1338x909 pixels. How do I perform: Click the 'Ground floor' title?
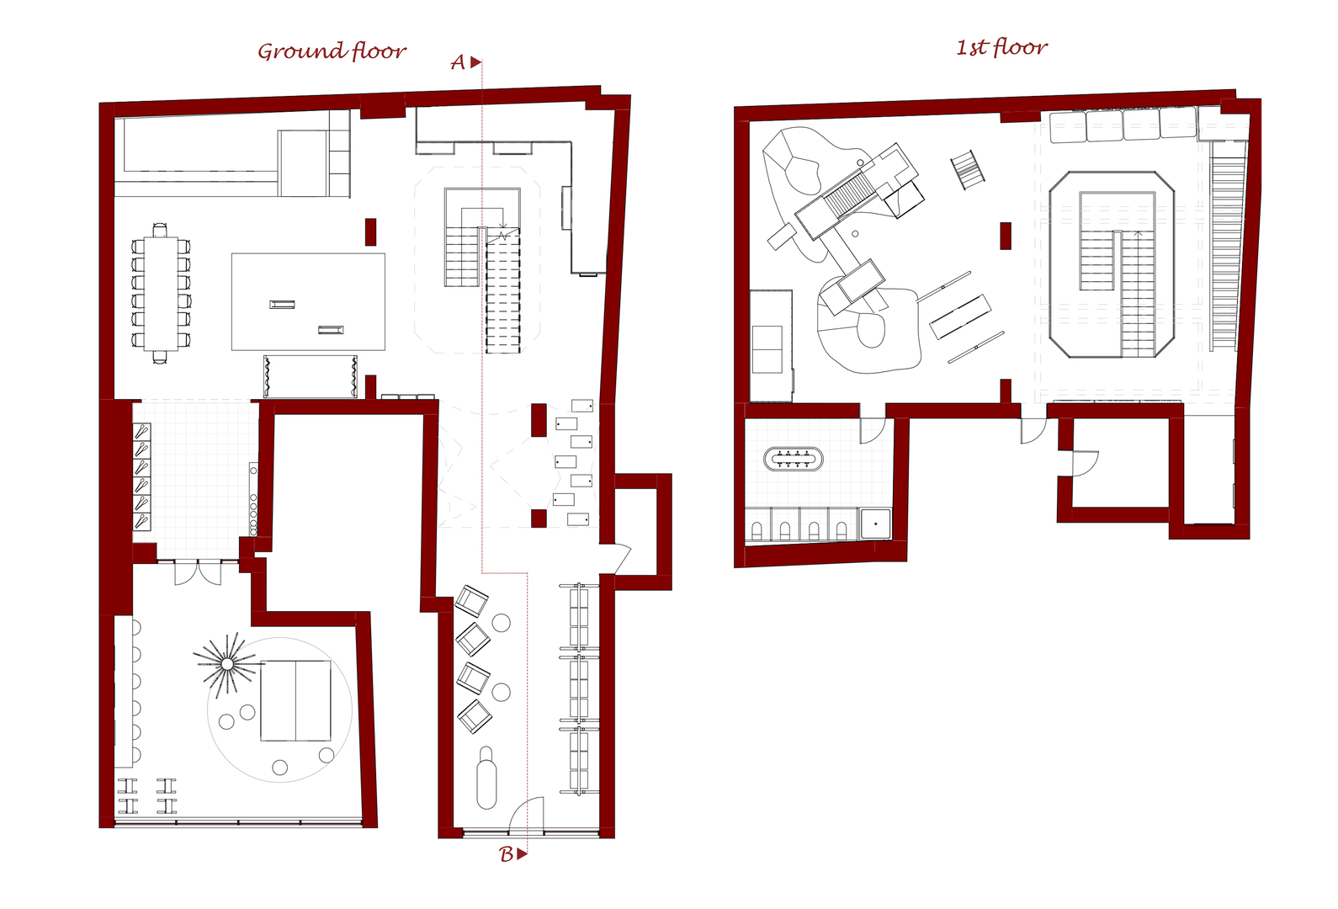(332, 50)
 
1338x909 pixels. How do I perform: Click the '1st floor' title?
(1001, 47)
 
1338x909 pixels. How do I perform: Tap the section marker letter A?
(458, 62)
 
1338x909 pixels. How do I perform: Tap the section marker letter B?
(506, 854)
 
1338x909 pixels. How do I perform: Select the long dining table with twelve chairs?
(161, 293)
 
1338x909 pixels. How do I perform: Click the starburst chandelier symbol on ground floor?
(227, 664)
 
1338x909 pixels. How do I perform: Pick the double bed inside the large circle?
(295, 700)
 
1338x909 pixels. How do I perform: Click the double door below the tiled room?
(198, 572)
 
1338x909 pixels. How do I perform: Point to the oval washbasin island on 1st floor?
(794, 460)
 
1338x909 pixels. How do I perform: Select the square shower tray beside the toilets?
(876, 524)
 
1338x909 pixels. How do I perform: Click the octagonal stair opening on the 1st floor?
(1112, 264)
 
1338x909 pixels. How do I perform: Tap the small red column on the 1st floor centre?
(1006, 236)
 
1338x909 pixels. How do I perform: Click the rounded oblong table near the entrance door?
(487, 778)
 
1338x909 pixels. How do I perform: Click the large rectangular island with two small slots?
(308, 301)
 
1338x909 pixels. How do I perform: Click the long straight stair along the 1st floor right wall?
(1228, 245)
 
